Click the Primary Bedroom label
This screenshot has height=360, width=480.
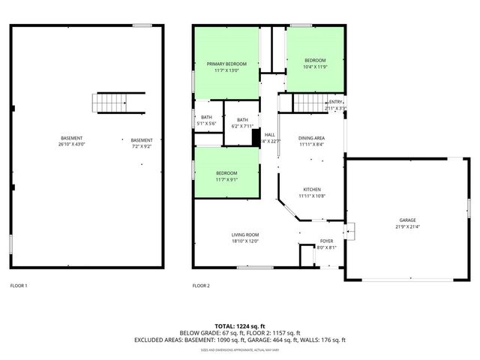226,64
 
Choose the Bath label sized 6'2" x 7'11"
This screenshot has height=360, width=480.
241,120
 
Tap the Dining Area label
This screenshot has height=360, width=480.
311,138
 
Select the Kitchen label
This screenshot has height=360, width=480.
311,189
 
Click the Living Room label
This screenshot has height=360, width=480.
244,235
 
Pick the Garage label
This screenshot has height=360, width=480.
407,220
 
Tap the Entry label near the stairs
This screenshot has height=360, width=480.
335,102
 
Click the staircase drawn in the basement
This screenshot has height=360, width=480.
108,103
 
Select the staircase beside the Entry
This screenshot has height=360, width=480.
307,102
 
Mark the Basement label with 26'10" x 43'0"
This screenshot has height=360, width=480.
72,141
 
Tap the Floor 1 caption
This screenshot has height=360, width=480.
19,286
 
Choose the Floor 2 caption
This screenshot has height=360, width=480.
201,286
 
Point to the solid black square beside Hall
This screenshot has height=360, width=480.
256,136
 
